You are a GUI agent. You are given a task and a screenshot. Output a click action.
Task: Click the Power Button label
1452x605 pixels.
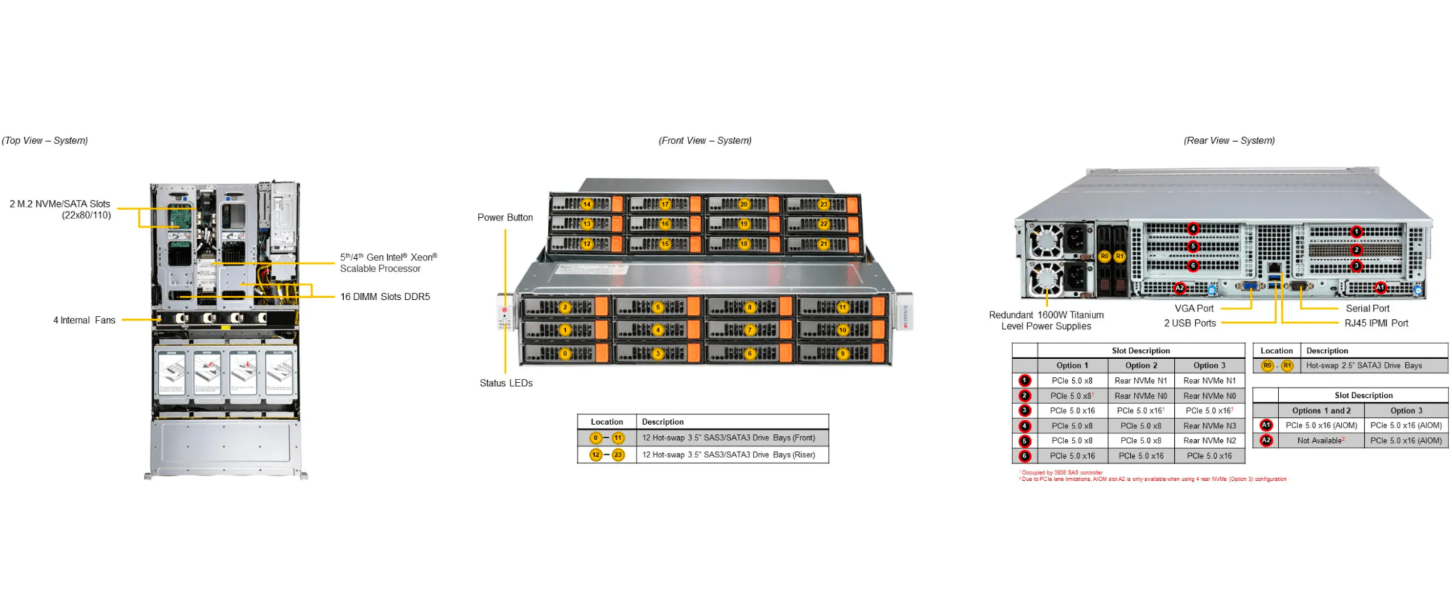tap(505, 218)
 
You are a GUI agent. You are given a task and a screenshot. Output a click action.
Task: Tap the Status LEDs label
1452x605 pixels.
tap(506, 383)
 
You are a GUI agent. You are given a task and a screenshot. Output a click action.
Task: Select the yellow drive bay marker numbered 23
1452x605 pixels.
tap(823, 204)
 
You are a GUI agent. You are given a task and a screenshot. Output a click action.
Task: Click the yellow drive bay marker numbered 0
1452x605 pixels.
tap(565, 353)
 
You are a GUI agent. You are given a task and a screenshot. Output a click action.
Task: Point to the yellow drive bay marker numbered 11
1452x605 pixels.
tap(842, 307)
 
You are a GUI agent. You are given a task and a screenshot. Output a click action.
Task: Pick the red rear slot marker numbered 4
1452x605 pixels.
tap(1193, 228)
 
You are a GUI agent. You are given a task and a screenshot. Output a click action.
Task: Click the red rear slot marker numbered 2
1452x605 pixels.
tap(1356, 250)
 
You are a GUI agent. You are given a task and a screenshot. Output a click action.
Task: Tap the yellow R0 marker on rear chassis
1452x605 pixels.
tap(1105, 256)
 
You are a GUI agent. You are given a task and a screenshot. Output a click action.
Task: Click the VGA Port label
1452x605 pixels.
tap(1194, 309)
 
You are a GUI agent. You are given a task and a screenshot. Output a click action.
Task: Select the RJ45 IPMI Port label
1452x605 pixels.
tap(1376, 323)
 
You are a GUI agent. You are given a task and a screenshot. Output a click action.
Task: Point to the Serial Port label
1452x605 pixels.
tap(1367, 309)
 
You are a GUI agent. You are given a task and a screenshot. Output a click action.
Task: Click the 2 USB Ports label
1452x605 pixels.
tap(1190, 323)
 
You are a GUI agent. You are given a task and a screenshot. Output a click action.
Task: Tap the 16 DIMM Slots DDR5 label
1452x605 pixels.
tap(385, 297)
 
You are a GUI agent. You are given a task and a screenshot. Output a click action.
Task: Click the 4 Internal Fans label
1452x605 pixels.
tap(84, 321)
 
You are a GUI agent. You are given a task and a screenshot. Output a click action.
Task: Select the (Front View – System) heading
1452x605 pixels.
tap(705, 140)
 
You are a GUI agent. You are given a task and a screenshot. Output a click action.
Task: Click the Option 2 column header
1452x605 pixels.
tap(1141, 366)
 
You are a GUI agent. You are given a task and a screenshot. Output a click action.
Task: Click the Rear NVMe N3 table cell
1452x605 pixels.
tap(1209, 426)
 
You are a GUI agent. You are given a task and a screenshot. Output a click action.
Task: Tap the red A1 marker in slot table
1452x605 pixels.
tap(1266, 426)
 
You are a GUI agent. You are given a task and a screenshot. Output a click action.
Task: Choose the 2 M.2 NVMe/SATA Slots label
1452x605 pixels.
tap(60, 209)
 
